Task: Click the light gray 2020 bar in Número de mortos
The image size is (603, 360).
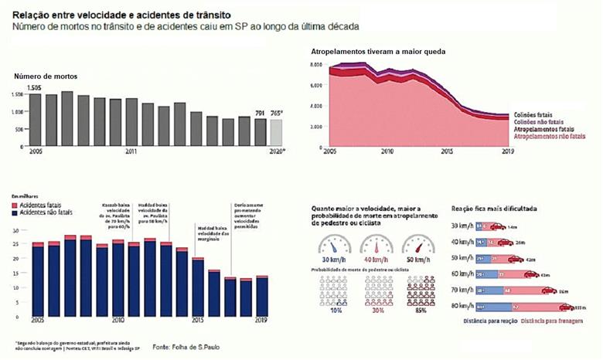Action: (276, 133)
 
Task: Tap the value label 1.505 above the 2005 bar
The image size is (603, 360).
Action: (34, 88)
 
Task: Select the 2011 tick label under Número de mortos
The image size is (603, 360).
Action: (131, 152)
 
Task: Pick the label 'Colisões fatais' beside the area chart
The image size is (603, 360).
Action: (536, 114)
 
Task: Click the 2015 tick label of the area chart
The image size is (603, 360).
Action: (447, 152)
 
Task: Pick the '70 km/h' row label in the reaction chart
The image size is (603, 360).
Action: (462, 290)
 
